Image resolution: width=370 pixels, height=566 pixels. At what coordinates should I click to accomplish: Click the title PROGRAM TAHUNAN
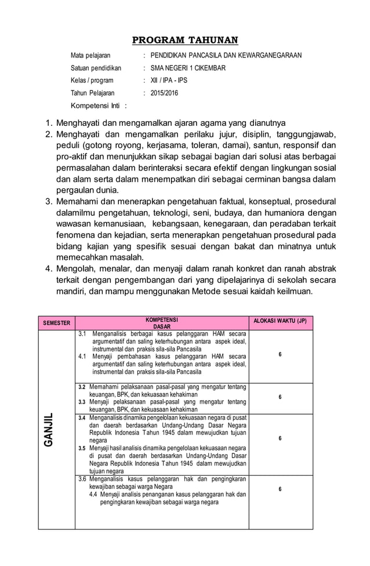185,40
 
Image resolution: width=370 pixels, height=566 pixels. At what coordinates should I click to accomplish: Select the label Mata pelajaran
90,56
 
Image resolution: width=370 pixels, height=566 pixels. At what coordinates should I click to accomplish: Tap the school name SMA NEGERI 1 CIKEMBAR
188,68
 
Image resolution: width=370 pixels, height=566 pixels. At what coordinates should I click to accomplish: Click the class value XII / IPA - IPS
169,81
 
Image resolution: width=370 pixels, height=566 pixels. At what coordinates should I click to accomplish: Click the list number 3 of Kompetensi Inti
49,202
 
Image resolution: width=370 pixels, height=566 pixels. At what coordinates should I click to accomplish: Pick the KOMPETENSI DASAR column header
162,323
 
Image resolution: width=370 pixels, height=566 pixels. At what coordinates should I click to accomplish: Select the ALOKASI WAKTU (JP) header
281,321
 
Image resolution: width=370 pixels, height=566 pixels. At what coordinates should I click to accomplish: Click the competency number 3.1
82,335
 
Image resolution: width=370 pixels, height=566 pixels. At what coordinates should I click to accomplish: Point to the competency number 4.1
82,356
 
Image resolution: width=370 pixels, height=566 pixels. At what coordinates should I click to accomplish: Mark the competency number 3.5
82,448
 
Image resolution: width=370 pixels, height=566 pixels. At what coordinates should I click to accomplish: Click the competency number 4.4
93,495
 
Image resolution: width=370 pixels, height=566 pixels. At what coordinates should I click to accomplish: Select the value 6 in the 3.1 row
280,354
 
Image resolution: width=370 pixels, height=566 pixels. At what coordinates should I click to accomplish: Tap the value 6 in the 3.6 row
280,489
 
